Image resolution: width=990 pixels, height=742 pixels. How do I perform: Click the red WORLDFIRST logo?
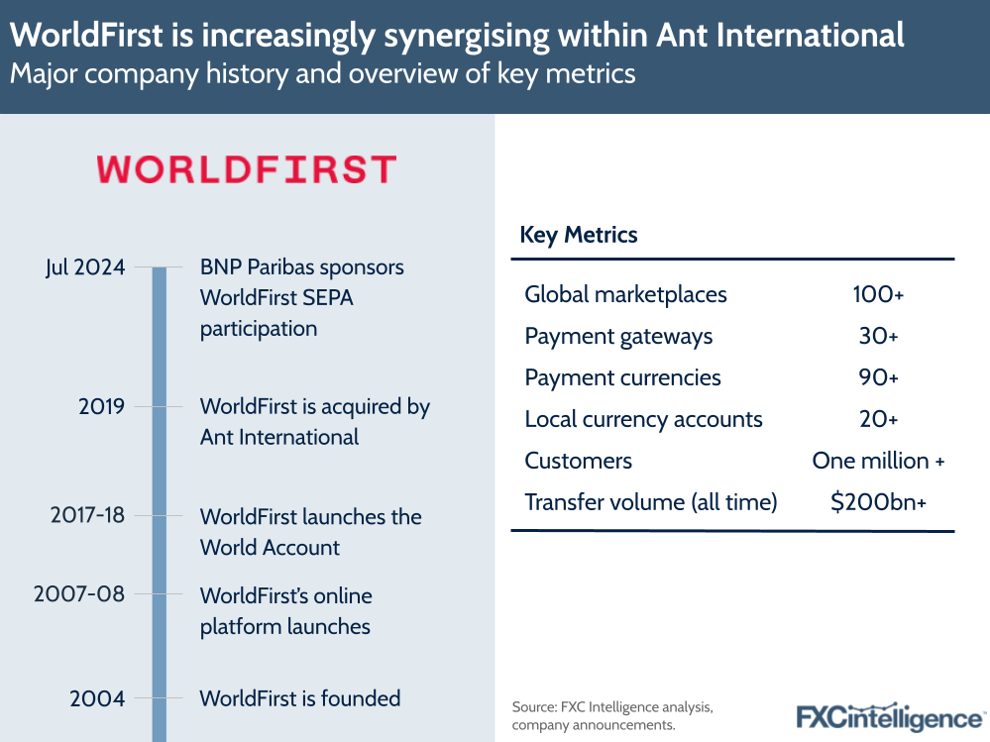[246, 169]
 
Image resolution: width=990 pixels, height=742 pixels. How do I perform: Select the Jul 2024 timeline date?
[85, 266]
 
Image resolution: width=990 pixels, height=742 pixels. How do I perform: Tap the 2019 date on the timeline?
[102, 406]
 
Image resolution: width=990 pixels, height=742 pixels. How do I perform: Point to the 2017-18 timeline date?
[87, 516]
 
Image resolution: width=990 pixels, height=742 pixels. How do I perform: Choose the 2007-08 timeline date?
[79, 594]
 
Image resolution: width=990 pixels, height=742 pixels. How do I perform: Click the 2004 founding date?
[97, 698]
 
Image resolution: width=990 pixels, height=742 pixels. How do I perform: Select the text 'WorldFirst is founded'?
[299, 698]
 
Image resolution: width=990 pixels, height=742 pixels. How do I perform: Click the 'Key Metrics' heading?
[579, 235]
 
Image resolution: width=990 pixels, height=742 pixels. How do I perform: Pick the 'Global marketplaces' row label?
[625, 294]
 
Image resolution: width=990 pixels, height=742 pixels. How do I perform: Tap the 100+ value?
[878, 294]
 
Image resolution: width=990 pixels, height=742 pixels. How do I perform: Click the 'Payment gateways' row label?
[618, 337]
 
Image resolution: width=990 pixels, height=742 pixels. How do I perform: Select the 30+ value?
[878, 337]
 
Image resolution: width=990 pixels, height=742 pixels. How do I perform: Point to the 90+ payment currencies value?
[878, 377]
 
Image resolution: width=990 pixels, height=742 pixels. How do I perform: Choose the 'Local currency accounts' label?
[643, 419]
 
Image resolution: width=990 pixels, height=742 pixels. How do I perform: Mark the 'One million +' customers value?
[878, 461]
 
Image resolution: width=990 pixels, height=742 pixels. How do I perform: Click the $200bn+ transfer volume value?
[878, 502]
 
